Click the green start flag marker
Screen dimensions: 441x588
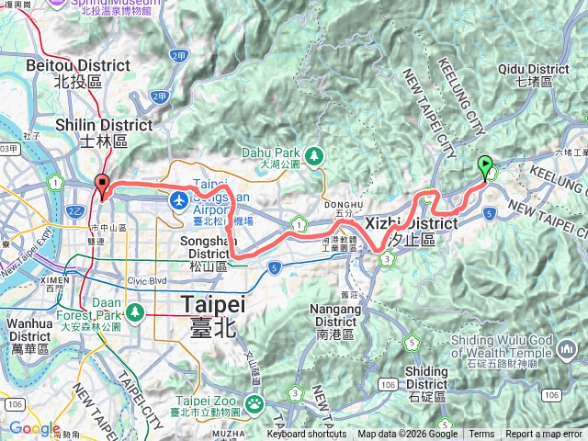(485, 166)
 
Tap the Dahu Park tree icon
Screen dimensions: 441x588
(315, 155)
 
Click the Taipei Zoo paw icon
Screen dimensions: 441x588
(251, 402)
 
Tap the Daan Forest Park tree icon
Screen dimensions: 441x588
(136, 312)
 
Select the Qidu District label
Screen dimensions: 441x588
(533, 74)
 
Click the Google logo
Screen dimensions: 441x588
(35, 428)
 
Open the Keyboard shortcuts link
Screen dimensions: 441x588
(307, 435)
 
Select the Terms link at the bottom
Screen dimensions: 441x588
(481, 435)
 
